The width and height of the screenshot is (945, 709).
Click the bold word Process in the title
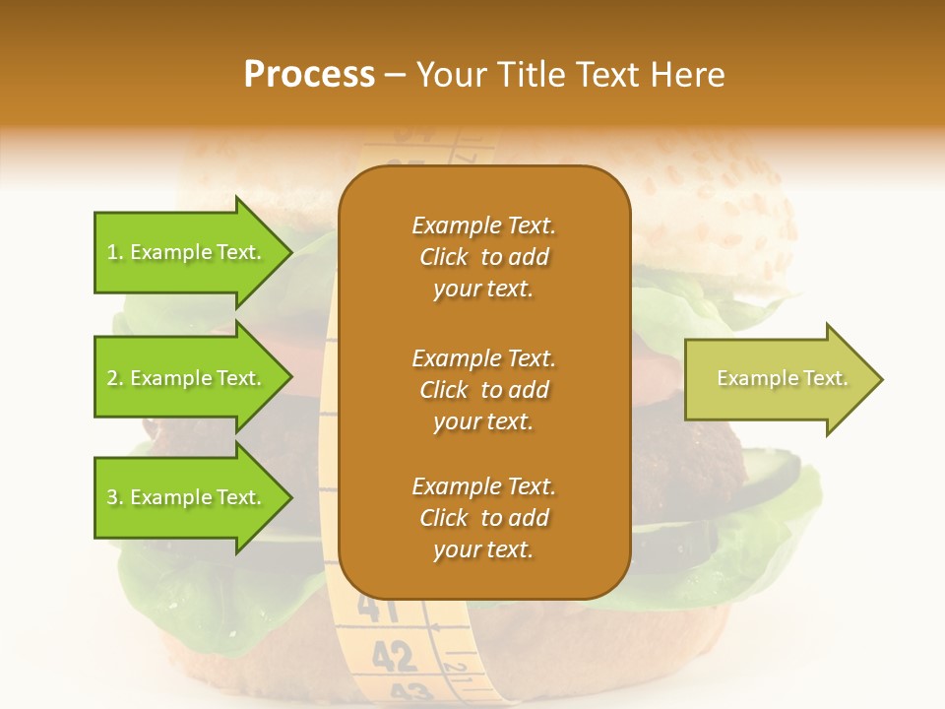309,75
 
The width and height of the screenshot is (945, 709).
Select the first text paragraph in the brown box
483,257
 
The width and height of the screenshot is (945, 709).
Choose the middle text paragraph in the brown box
483,390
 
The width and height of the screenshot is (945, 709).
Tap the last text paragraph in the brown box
483,518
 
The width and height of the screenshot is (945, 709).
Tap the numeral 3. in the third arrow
114,497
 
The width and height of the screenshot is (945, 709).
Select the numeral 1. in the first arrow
114,252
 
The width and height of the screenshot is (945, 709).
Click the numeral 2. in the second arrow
114,378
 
